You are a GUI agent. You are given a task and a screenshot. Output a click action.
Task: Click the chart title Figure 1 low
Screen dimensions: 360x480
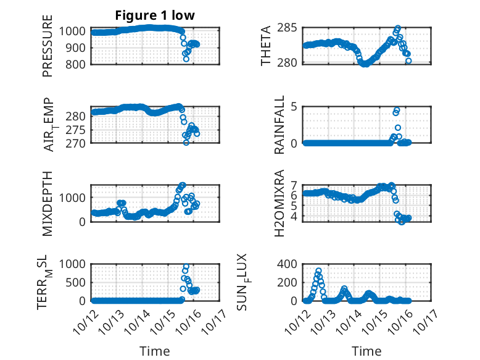coord(155,16)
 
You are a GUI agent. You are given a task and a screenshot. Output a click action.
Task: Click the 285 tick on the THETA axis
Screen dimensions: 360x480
coord(291,28)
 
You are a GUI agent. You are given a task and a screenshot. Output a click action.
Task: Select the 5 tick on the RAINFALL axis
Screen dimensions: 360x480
coord(295,106)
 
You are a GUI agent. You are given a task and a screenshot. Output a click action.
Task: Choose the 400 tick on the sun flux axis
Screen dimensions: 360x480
coord(291,264)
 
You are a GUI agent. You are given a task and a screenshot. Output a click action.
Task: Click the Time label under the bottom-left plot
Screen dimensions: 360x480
coord(155,351)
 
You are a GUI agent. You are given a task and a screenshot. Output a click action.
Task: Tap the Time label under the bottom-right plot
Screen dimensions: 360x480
coord(366,351)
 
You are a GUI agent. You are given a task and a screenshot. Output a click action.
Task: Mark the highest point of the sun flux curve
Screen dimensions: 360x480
coord(318,271)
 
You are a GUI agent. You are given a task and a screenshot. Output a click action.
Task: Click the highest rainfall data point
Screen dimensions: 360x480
coord(397,110)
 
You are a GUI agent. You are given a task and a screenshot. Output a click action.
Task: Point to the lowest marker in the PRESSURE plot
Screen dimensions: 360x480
coord(186,59)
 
